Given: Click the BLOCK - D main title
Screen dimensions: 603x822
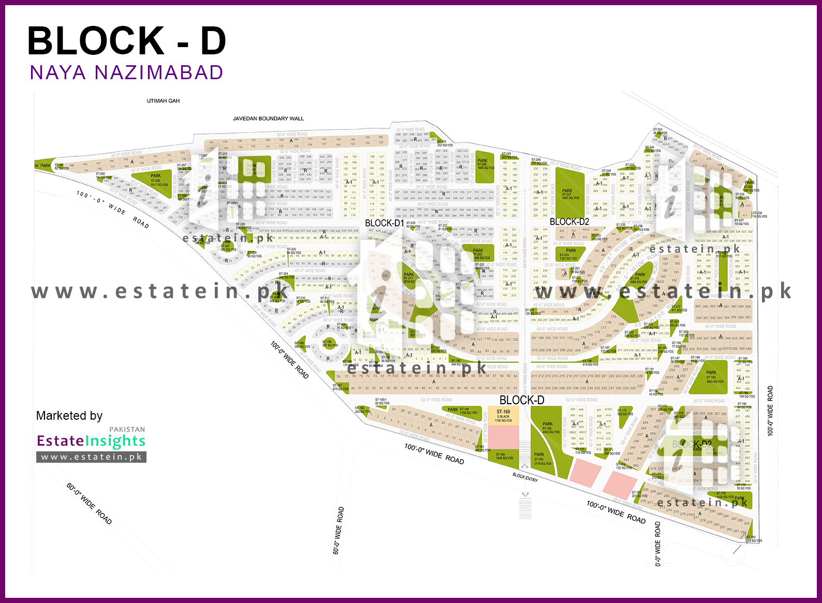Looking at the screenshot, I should (x=127, y=41).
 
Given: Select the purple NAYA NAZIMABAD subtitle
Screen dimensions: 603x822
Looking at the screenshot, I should (x=126, y=72).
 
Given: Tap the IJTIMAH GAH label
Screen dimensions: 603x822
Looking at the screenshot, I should (x=163, y=101).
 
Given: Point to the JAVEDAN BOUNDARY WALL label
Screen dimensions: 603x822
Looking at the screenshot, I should (x=268, y=119).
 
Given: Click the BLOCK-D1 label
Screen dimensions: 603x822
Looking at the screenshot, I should (x=384, y=223).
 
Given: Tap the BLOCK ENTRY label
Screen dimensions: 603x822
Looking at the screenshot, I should (x=525, y=477).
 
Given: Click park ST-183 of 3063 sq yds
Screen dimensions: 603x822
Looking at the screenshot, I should (x=714, y=377).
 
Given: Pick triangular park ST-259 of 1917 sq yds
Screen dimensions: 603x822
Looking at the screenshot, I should (x=155, y=181).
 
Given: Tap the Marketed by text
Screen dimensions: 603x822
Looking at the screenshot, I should (x=69, y=416).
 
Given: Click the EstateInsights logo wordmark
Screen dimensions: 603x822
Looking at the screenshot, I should (x=91, y=440).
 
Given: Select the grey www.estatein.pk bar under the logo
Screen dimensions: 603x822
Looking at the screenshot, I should (x=91, y=457).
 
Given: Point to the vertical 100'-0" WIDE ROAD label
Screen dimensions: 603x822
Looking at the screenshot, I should (x=770, y=411).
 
